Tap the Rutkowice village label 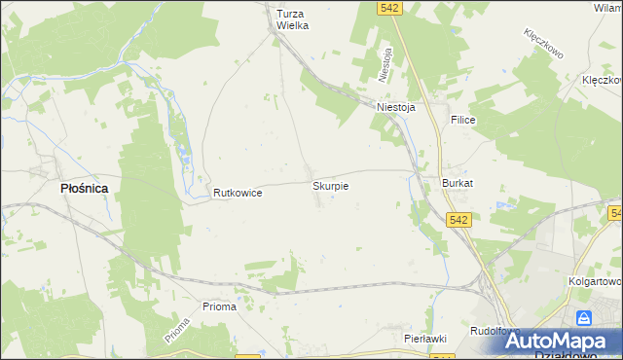tap(238, 194)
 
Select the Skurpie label tap(330, 184)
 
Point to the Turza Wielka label tap(292, 19)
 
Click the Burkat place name tap(457, 183)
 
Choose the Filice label tap(461, 119)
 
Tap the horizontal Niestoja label tap(395, 108)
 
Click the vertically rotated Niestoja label tap(386, 64)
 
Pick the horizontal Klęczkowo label tap(602, 80)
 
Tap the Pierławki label tap(424, 338)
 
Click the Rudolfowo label tap(493, 331)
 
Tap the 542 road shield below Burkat tap(460, 221)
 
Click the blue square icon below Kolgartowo tap(583, 318)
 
